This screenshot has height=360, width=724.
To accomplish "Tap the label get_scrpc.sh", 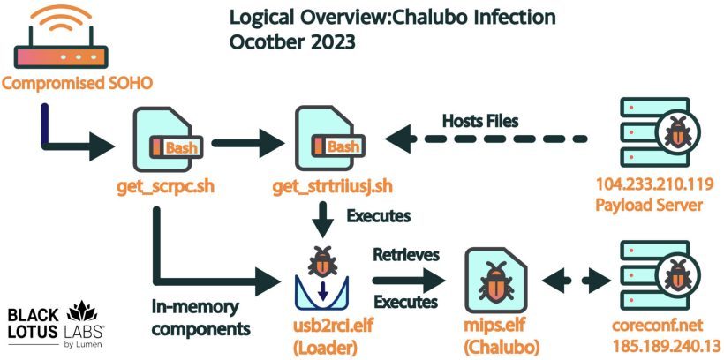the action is pos(165,187).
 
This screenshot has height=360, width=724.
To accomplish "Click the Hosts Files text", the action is pos(480,121).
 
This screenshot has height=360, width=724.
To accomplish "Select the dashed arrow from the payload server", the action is pos(486,139).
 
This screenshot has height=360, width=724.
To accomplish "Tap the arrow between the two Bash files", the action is pos(247,143).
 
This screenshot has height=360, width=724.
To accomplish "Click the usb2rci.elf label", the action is pos(335,326).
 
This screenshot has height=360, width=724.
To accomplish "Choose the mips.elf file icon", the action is pos(496,280).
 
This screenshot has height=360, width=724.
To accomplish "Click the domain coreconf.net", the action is pos(658,325).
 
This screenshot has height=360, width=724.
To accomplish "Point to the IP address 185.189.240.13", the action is pos(667,346).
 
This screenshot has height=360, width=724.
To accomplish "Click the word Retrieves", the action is pos(406,254).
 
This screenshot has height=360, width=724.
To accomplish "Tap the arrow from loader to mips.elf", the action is pos(409,280).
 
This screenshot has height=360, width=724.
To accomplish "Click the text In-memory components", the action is pos(201,318).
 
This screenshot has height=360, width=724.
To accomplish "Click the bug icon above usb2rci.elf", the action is pos(322,261).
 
